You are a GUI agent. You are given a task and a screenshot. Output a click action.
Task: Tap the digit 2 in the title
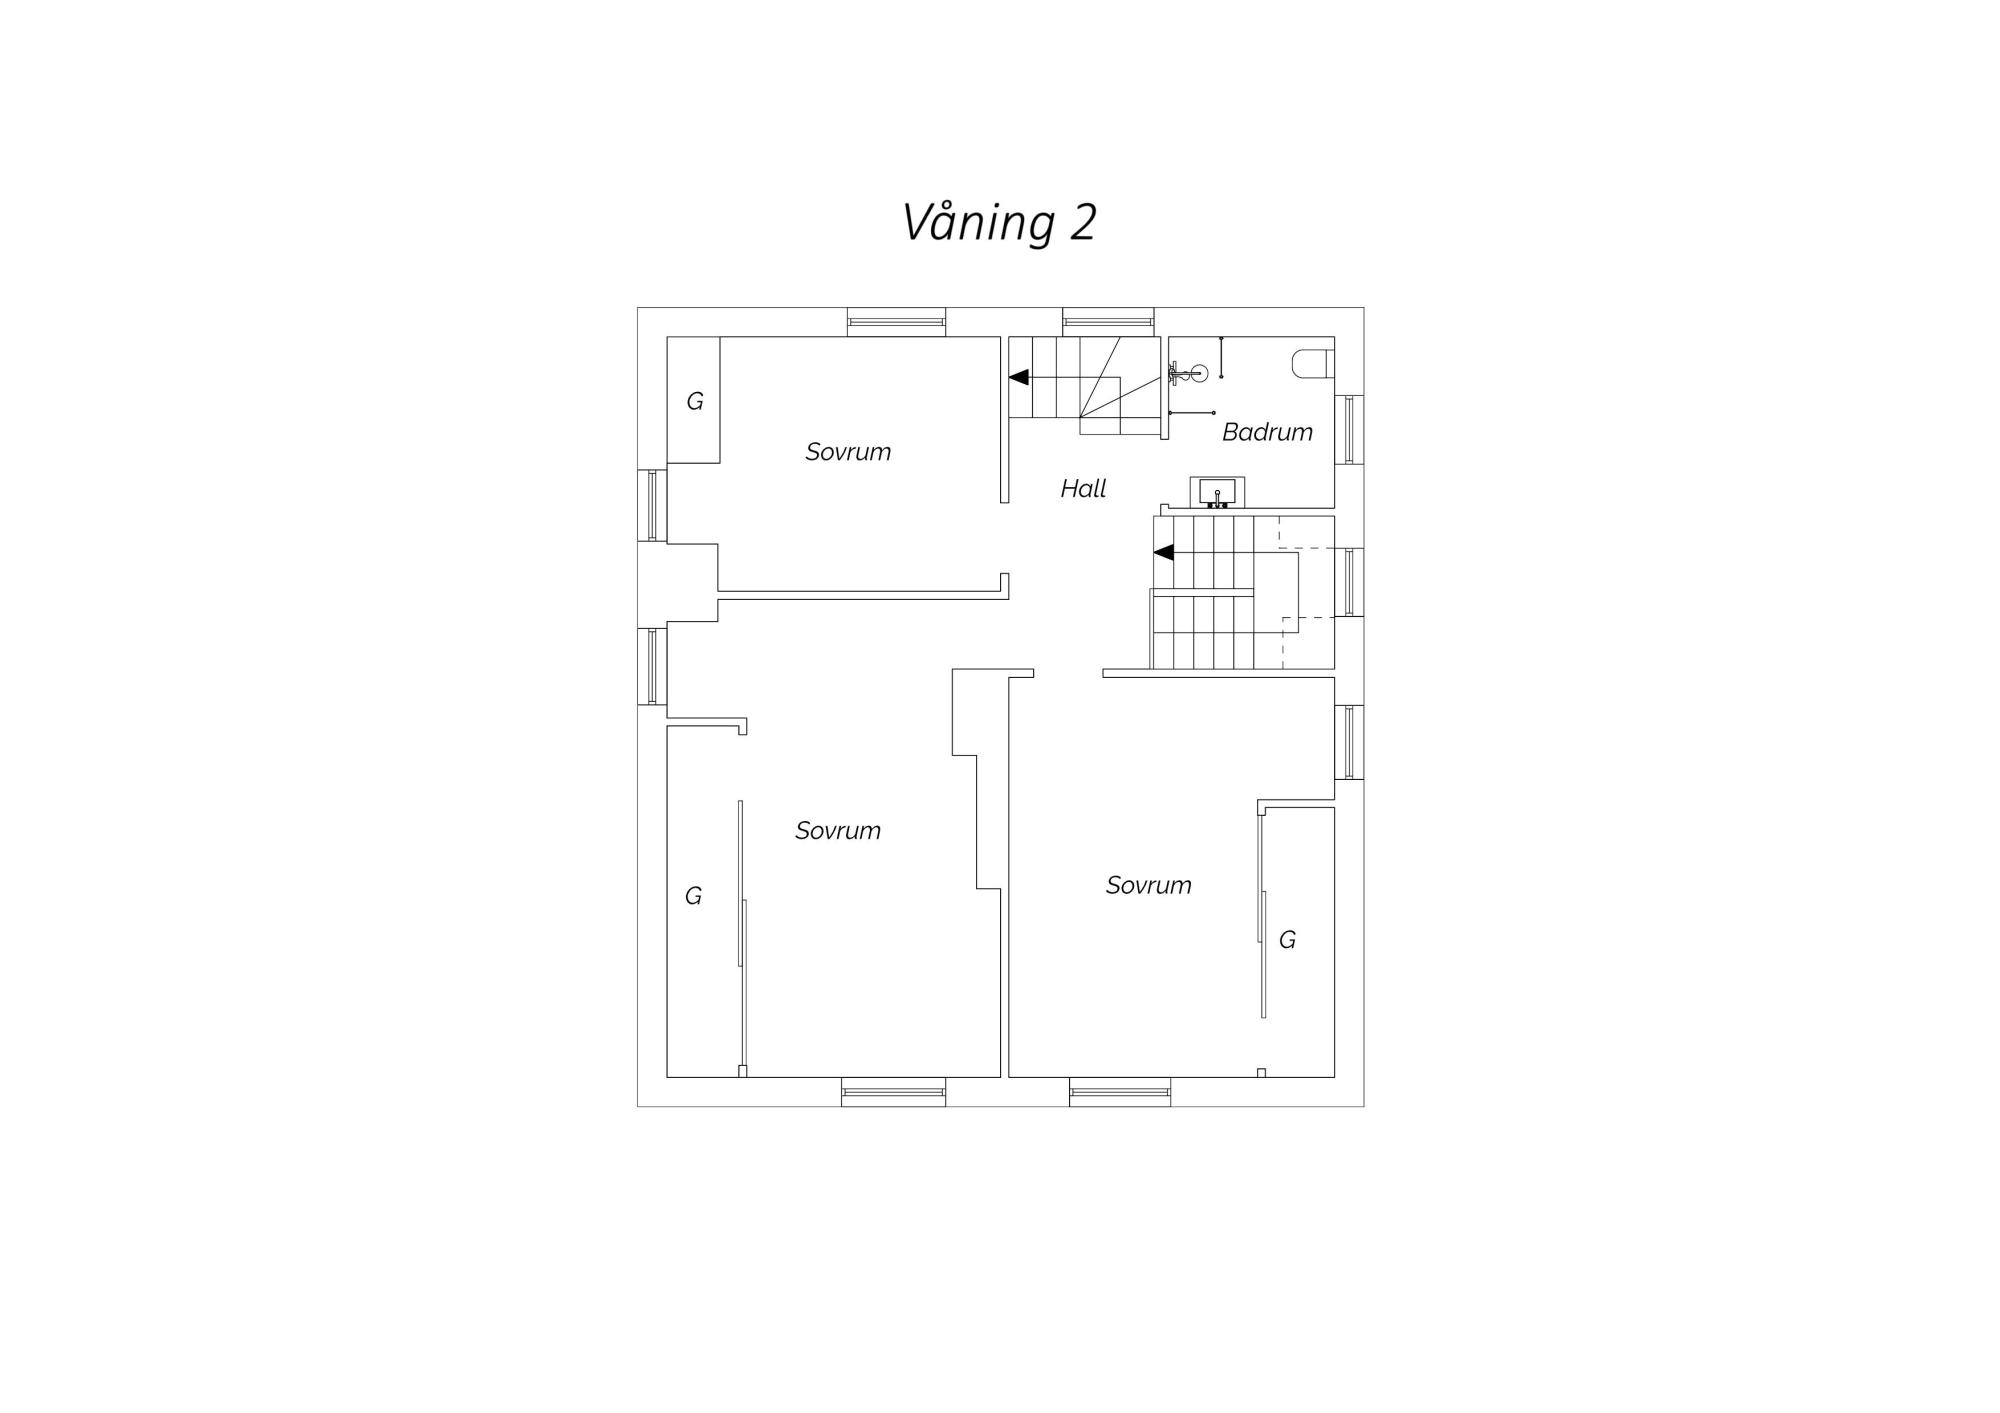[1083, 223]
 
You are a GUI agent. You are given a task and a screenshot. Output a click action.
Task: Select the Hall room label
[1083, 488]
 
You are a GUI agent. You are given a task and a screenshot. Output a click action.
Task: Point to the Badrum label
[1267, 432]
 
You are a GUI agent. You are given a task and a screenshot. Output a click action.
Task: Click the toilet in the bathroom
[1313, 363]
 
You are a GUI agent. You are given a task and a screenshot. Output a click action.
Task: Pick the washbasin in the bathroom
[1217, 493]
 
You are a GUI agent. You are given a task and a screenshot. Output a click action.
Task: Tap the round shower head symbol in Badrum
[1199, 373]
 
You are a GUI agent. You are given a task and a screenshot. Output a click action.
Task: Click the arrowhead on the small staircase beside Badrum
[1018, 377]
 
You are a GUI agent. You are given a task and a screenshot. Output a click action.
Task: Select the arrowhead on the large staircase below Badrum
[1163, 552]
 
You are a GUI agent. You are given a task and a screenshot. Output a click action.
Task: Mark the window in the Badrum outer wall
[1349, 429]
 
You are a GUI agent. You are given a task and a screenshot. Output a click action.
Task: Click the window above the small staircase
[1108, 322]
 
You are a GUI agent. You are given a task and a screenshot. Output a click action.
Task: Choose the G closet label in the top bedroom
[695, 401]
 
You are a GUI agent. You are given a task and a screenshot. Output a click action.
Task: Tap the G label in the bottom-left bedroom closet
[693, 896]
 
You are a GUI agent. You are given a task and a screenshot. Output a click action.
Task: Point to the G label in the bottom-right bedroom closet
[1287, 940]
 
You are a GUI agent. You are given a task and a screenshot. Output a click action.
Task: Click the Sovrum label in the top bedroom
[848, 452]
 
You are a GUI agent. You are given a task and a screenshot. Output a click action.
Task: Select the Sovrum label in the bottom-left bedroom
[838, 831]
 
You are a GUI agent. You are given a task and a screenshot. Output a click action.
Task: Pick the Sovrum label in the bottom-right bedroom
[1149, 885]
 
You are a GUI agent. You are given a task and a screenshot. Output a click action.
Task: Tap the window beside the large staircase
[1349, 582]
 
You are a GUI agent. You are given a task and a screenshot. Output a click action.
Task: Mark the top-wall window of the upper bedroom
[896, 322]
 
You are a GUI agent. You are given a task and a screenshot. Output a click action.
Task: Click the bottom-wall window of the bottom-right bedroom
[1120, 1092]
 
